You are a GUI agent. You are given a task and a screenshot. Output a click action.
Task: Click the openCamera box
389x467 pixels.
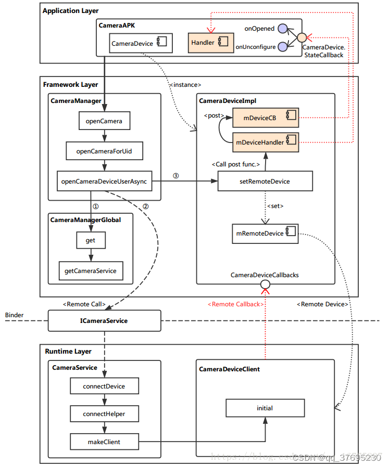104,121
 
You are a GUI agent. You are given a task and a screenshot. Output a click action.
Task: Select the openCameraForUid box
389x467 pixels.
104,151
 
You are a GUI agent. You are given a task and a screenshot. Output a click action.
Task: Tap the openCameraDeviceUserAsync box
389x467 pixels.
105,181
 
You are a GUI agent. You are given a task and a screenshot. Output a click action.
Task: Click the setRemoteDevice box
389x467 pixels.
265,181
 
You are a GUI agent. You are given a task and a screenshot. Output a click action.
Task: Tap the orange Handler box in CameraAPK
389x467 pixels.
207,43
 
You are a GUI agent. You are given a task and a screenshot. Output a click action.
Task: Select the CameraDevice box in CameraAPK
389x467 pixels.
141,44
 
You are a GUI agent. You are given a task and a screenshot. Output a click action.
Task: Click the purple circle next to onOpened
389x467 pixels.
283,29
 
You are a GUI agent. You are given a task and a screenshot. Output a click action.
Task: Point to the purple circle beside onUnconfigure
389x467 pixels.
283,47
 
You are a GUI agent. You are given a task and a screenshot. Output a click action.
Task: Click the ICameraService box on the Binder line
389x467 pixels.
104,321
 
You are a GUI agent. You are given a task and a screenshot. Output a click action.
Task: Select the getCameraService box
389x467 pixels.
91,270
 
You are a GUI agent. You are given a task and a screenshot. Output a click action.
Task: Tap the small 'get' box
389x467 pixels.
91,240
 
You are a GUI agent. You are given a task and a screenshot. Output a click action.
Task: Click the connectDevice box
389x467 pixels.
104,386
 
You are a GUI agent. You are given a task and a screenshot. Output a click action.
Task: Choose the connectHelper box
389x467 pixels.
104,414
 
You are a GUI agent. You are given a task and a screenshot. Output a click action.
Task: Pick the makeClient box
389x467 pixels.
104,442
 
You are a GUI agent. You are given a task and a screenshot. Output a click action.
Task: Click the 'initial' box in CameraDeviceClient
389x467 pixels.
265,408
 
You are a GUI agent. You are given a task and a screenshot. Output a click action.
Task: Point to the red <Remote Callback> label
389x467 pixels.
235,304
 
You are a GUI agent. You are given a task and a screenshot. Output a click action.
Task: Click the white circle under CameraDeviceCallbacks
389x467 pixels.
265,284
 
